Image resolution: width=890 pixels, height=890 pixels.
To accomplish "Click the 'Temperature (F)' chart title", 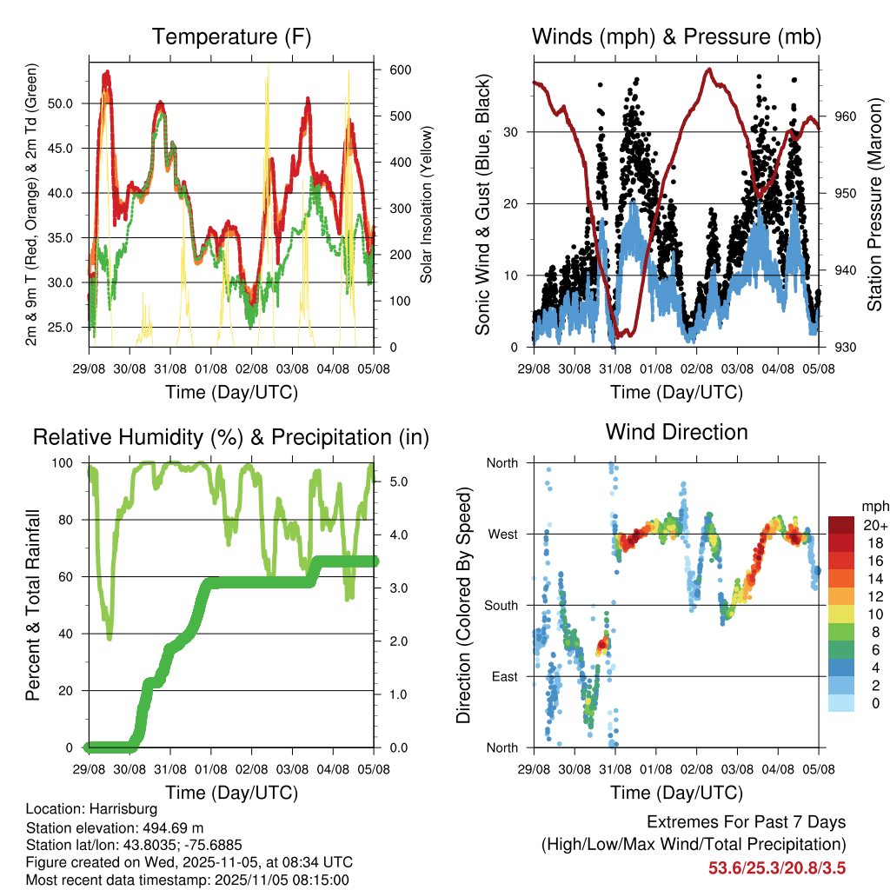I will click(x=231, y=37).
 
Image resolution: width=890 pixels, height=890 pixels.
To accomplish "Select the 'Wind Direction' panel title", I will click(x=676, y=431).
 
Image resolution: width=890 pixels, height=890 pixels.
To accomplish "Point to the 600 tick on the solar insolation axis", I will click(x=401, y=70).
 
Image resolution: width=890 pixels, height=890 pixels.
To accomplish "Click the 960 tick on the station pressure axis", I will click(x=845, y=116).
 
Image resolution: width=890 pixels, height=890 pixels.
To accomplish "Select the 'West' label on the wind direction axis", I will click(x=501, y=534).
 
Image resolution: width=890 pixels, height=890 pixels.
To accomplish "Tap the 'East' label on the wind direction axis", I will click(x=502, y=676).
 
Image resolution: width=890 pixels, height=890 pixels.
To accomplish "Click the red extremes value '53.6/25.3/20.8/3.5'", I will click(x=778, y=867).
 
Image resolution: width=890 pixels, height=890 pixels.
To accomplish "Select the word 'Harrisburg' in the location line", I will click(x=121, y=808).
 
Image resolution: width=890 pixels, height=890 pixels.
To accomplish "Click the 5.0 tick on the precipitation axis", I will click(x=397, y=481).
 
